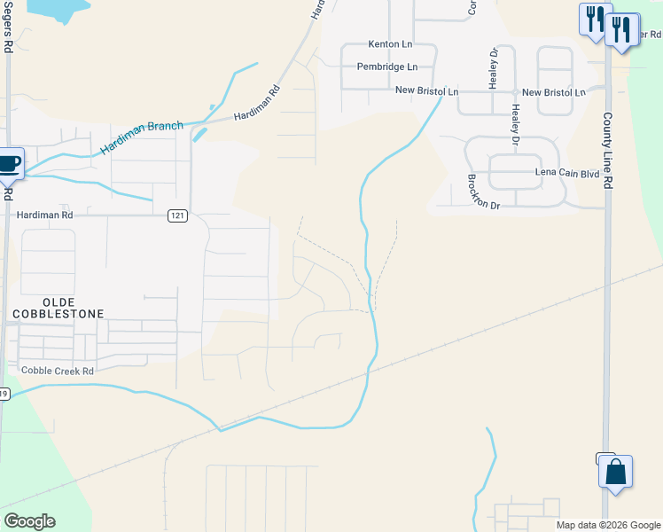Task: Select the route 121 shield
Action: point(178,216)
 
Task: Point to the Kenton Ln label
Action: point(391,44)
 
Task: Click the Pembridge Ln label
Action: point(386,66)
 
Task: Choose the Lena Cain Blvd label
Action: point(567,174)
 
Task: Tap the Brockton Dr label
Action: point(484,191)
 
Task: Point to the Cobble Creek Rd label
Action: point(58,371)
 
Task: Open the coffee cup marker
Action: point(9,164)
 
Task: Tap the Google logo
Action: point(29,521)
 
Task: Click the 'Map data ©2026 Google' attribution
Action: point(608,525)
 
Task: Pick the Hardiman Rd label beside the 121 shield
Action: point(44,215)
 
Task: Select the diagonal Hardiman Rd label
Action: point(257,104)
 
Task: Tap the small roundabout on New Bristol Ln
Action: point(514,92)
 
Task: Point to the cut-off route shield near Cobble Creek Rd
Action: point(4,394)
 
